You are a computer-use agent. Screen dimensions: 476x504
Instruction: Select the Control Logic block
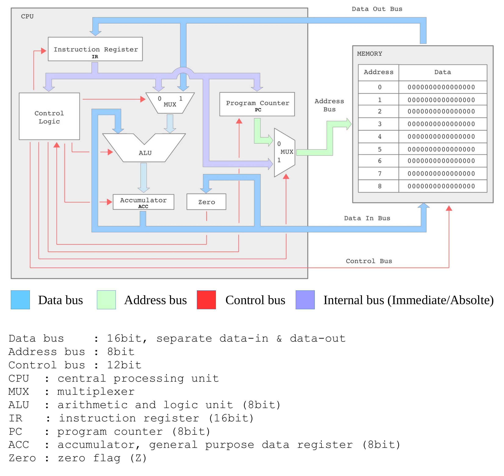[49, 116]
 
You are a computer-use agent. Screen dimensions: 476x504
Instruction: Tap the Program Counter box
[257, 104]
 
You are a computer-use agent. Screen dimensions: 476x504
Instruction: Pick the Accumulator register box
[143, 202]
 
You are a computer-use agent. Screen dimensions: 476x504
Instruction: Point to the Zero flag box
[206, 202]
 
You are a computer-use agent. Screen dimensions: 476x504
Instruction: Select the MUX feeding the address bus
[284, 152]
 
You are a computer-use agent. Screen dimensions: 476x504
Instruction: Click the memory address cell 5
[379, 149]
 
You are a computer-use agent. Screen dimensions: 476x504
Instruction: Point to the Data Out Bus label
[377, 9]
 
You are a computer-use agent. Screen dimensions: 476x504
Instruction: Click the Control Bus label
[369, 261]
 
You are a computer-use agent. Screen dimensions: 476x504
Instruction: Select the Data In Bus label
[367, 218]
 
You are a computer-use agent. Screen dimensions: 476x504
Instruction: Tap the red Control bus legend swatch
[206, 300]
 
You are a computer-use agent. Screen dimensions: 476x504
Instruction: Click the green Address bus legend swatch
[106, 300]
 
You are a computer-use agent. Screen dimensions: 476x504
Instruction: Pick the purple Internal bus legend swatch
[305, 300]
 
